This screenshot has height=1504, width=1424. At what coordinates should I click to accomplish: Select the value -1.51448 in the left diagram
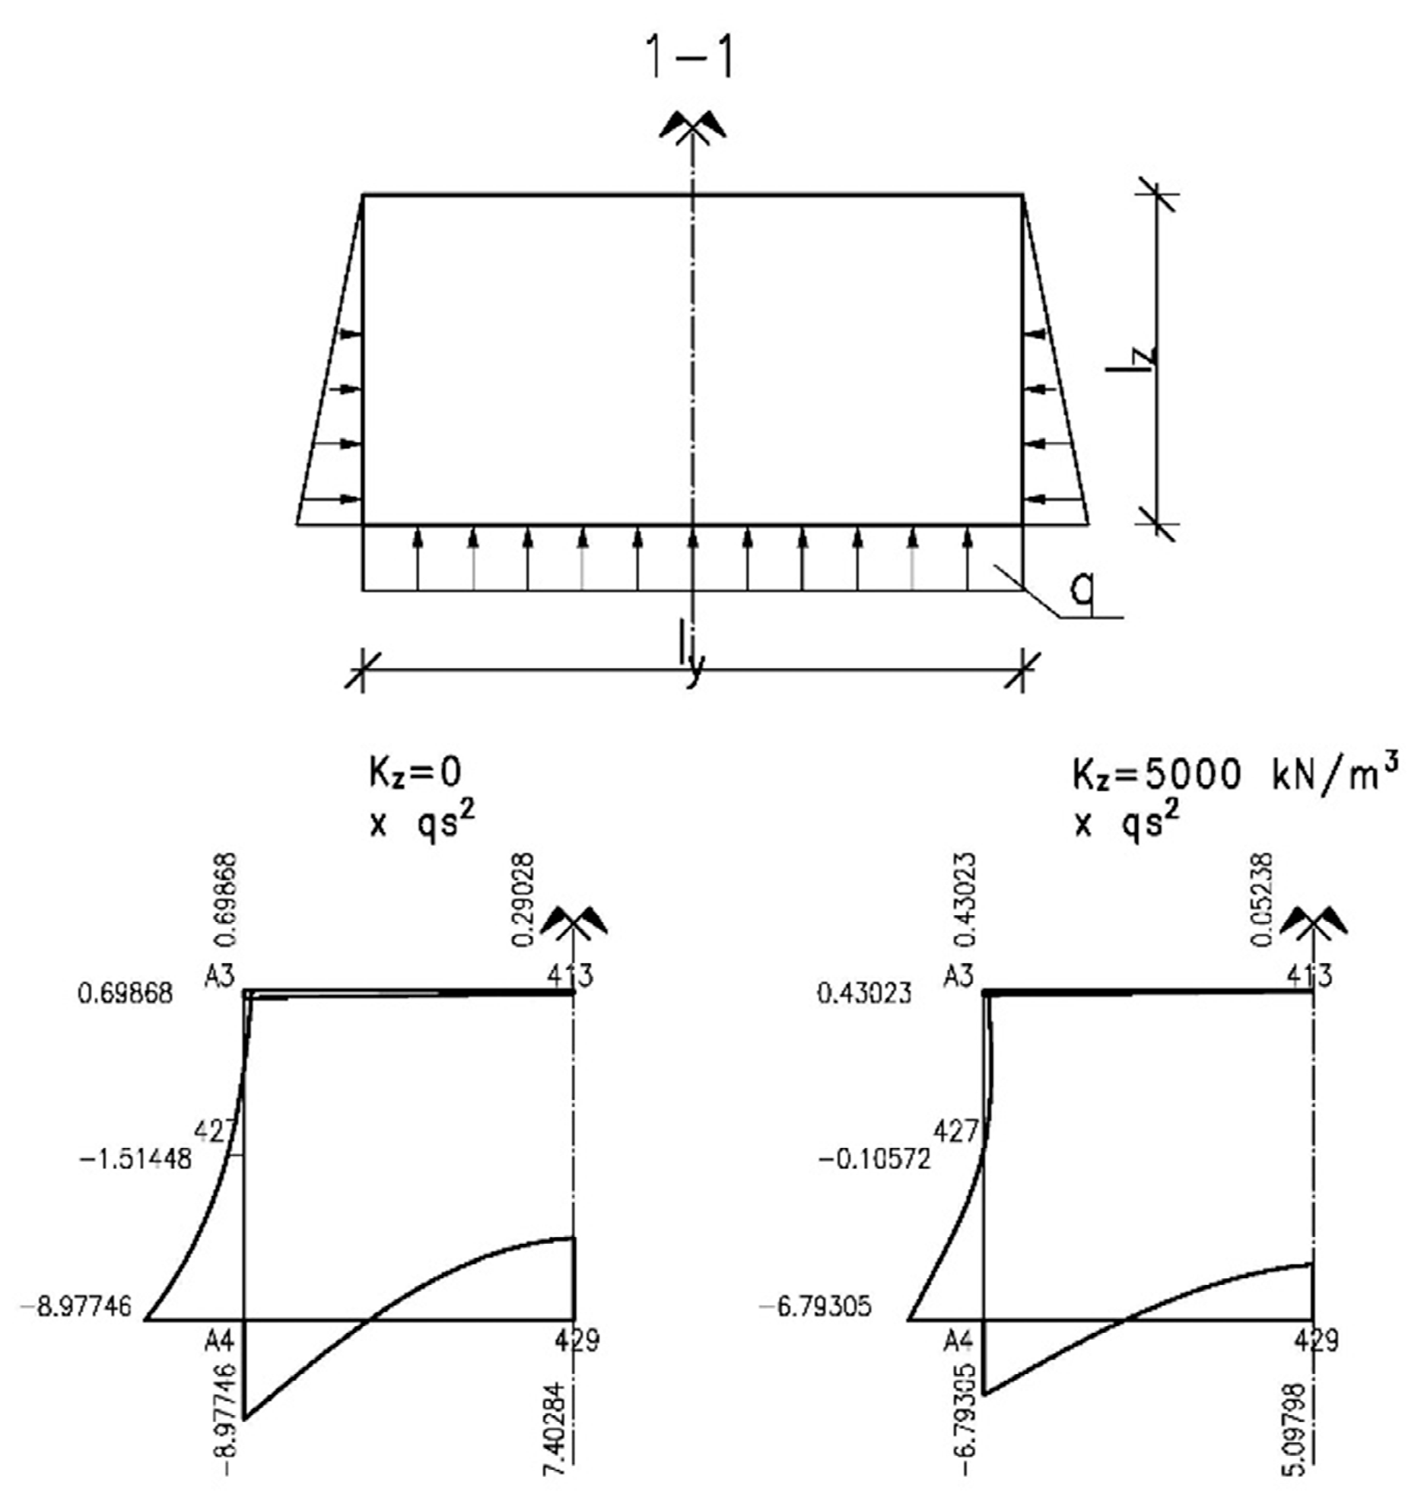coord(135,1159)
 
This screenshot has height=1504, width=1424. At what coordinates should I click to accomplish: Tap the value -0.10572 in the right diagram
coord(874,1159)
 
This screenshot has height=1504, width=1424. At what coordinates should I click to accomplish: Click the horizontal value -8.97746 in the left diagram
coord(75,1307)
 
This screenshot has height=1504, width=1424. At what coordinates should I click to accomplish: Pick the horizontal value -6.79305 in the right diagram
coord(815,1307)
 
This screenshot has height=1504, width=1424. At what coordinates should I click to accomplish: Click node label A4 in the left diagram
coord(218,1340)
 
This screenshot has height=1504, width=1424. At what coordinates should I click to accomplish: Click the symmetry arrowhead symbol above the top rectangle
coord(692,126)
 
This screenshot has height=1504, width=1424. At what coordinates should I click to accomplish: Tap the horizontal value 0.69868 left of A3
coord(126,994)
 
